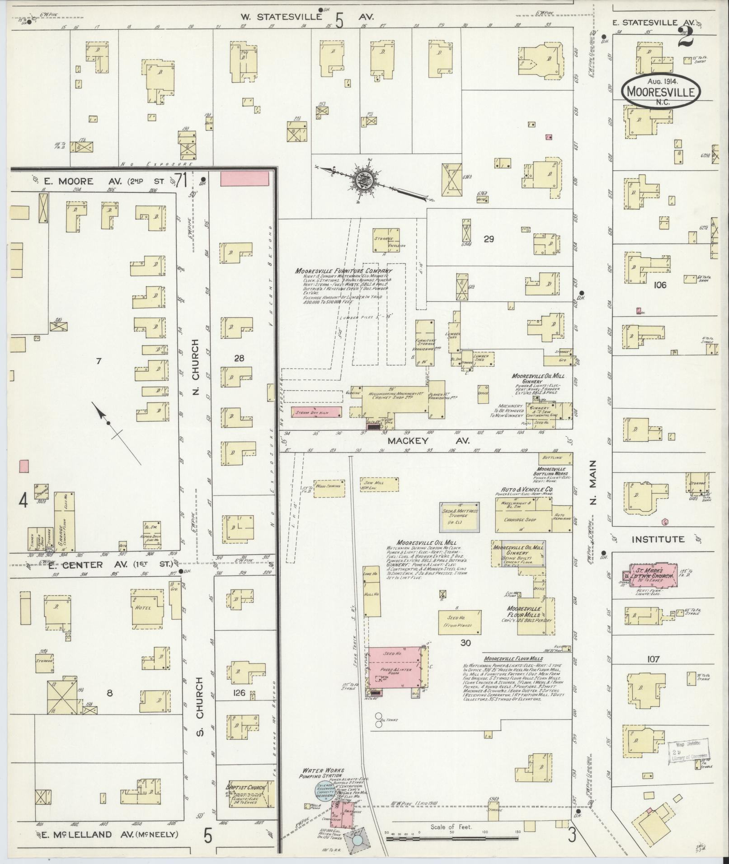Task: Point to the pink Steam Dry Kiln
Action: coord(317,412)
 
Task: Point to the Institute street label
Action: coord(658,539)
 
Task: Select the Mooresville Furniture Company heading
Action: coord(344,271)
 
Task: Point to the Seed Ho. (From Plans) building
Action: coord(459,622)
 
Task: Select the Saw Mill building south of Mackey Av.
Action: coord(379,485)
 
